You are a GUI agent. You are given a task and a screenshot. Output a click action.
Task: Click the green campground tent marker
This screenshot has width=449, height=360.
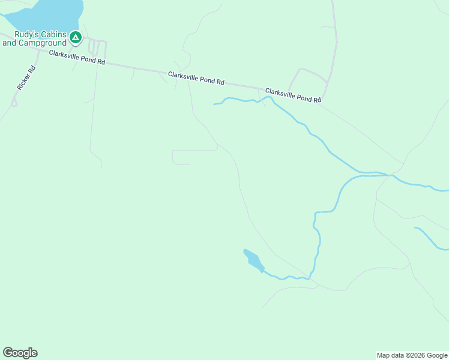pos(75,38)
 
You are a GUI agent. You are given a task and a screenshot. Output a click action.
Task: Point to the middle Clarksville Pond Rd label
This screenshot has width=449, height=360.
pos(196,78)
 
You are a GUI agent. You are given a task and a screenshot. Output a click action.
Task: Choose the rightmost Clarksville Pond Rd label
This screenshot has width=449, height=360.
pos(293,95)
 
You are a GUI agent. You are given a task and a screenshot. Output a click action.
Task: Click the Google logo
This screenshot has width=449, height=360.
pos(20,353)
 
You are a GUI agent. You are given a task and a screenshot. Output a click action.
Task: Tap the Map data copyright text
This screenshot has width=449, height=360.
pos(412,355)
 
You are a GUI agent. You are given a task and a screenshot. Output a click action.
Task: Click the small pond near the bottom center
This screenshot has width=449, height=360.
pos(253,260)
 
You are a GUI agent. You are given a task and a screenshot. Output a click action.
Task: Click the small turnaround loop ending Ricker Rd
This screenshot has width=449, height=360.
pos(14,103)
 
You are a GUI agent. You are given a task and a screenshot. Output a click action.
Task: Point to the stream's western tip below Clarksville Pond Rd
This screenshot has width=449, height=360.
pos(214,104)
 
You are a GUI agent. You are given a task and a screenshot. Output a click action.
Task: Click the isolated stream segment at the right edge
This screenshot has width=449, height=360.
pos(431,238)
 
